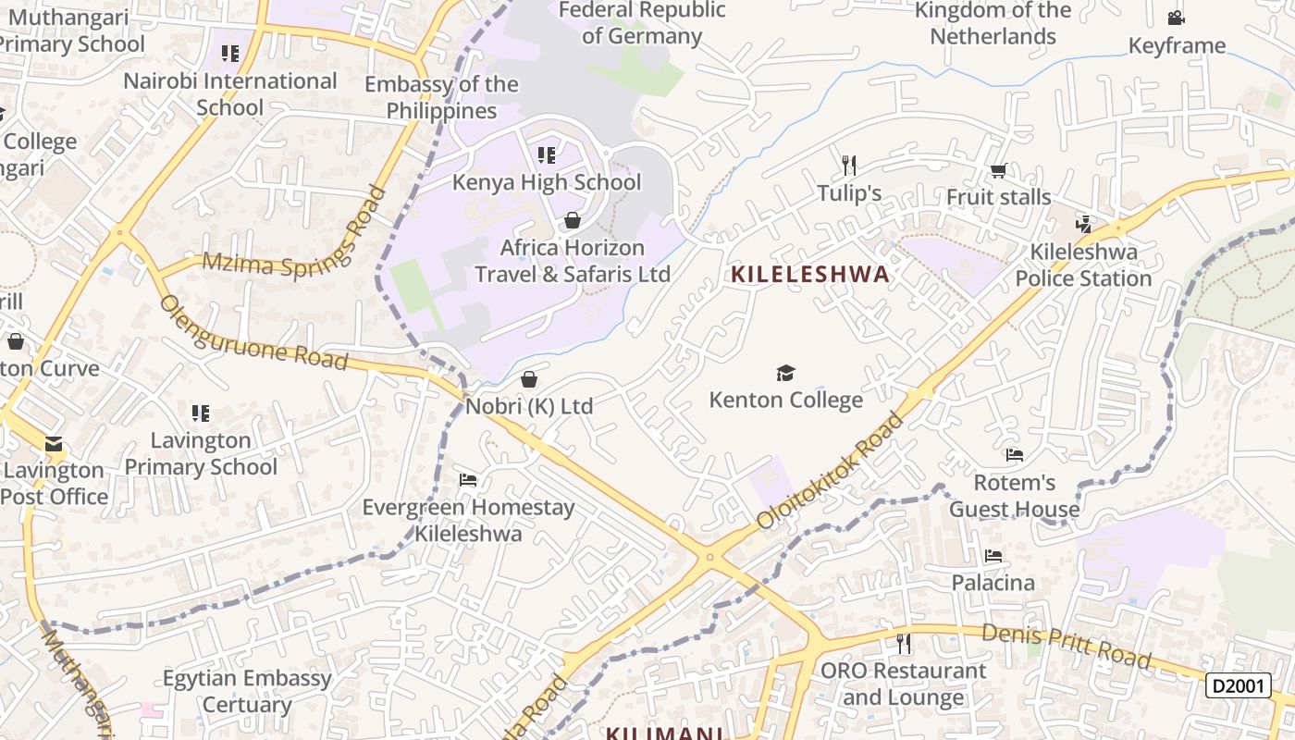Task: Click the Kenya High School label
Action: click(546, 182)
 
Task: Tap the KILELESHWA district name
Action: click(810, 274)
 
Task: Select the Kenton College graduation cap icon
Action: click(785, 373)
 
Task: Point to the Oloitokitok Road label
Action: click(831, 472)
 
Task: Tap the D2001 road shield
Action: click(1238, 685)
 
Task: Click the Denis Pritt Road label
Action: click(1066, 646)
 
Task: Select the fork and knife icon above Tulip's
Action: click(849, 166)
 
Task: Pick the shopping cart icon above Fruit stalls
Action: click(998, 170)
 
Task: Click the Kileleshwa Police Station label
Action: click(1083, 265)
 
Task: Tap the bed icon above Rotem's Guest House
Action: click(1015, 455)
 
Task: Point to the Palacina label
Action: click(993, 583)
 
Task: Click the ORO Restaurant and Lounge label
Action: click(904, 684)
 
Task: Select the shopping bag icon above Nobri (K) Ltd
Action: click(529, 379)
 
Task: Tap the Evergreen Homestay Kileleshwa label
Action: click(468, 520)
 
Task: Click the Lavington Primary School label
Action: click(201, 453)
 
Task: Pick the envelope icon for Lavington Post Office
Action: click(54, 445)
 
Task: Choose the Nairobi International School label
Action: click(230, 94)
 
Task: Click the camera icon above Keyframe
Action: click(1176, 18)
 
